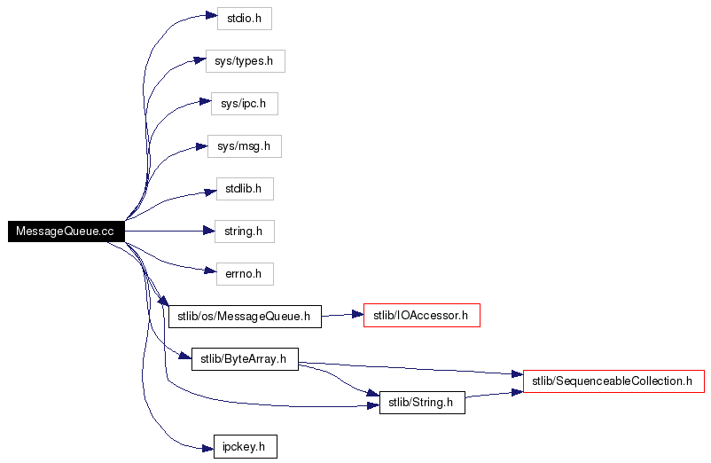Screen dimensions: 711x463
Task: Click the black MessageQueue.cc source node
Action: pos(66,231)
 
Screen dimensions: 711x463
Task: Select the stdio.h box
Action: pos(245,19)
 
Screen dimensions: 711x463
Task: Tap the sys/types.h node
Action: pos(246,61)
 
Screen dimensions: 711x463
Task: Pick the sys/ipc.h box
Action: pos(245,104)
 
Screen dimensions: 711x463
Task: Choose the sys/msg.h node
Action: pos(245,146)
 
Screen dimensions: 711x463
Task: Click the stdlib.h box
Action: pos(245,189)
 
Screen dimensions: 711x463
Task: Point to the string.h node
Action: pos(245,231)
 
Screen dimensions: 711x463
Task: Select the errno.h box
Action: pos(245,274)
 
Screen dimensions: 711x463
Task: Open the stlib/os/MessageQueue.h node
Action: pos(245,317)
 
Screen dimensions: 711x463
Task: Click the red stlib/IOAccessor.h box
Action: pos(422,315)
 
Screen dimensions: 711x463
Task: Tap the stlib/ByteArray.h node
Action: pos(245,359)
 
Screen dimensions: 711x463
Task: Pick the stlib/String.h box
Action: pos(422,403)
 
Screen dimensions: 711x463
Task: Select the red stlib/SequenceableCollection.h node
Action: pos(614,381)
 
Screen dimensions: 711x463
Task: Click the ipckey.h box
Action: pos(246,447)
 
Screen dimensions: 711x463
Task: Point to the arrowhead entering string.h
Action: pos(209,231)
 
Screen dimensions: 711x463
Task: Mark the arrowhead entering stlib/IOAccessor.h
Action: pos(358,314)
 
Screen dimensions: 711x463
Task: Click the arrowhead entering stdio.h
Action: pos(212,16)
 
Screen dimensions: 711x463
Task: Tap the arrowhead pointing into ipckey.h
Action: pos(207,449)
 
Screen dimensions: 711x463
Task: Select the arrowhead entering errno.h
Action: pos(210,271)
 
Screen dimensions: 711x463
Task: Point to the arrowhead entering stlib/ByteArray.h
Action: pos(185,356)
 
